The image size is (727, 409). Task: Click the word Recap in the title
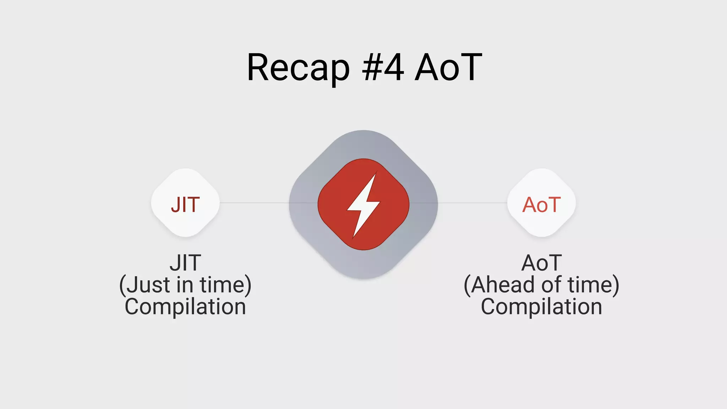(x=298, y=67)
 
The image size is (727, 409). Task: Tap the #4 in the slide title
(x=383, y=67)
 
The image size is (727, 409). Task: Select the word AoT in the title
(x=448, y=67)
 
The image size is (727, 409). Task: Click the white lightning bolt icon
(x=363, y=204)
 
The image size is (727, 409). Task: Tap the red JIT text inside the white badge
(x=185, y=204)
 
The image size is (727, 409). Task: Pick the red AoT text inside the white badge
(x=541, y=204)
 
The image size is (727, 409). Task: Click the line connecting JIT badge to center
(x=254, y=203)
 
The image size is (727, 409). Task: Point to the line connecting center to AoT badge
(x=472, y=203)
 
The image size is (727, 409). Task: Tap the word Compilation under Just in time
(x=185, y=306)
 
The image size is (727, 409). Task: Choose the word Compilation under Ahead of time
(x=541, y=306)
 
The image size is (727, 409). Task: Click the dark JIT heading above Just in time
(x=185, y=263)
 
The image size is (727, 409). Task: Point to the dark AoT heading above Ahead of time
(x=541, y=263)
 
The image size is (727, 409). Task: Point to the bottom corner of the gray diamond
(x=363, y=277)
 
